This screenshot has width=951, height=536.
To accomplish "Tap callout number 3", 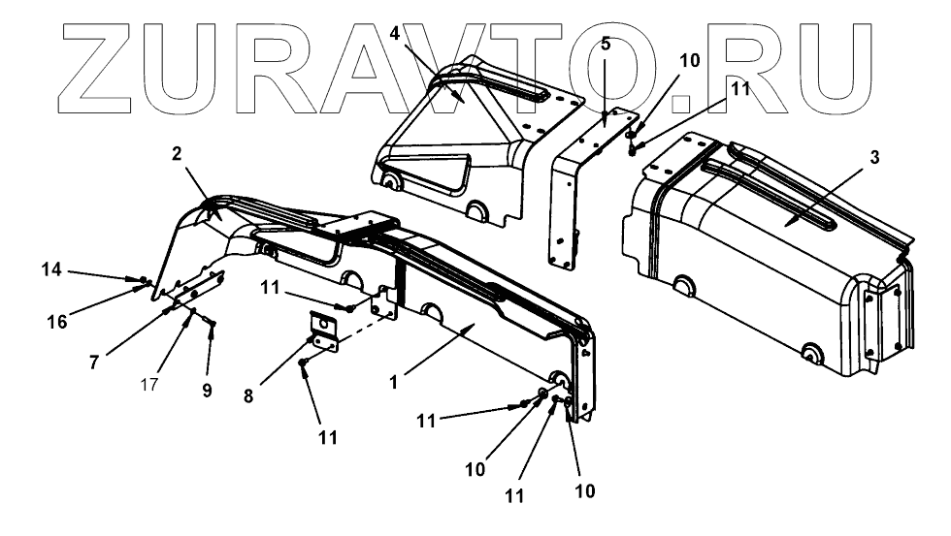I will [874, 157].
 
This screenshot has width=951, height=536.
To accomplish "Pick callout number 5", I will [605, 44].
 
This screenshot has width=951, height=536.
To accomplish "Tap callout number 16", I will [56, 322].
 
